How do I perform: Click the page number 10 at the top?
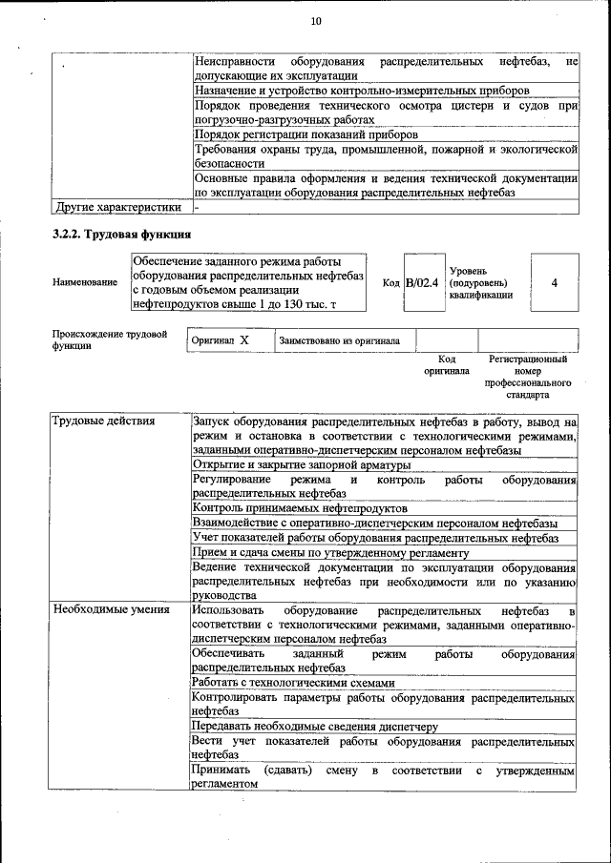(316, 22)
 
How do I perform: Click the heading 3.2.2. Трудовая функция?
(122, 234)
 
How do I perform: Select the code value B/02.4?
(421, 282)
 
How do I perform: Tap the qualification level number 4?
(554, 282)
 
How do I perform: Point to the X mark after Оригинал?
(244, 339)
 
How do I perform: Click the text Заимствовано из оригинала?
(339, 340)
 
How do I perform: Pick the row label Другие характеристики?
(117, 206)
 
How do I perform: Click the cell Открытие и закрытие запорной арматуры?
(302, 464)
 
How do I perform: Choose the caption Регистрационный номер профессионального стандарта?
(527, 377)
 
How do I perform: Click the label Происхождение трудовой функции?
(110, 339)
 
